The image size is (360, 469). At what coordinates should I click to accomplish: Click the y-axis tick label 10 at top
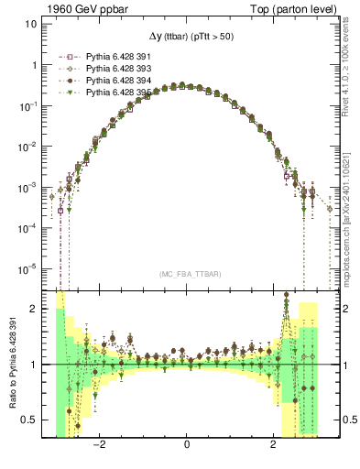[31, 25]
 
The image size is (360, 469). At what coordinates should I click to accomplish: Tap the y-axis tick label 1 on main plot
[34, 66]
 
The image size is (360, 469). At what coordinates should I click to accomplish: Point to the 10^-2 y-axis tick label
[29, 147]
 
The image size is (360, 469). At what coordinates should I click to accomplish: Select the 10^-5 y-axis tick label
[29, 267]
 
